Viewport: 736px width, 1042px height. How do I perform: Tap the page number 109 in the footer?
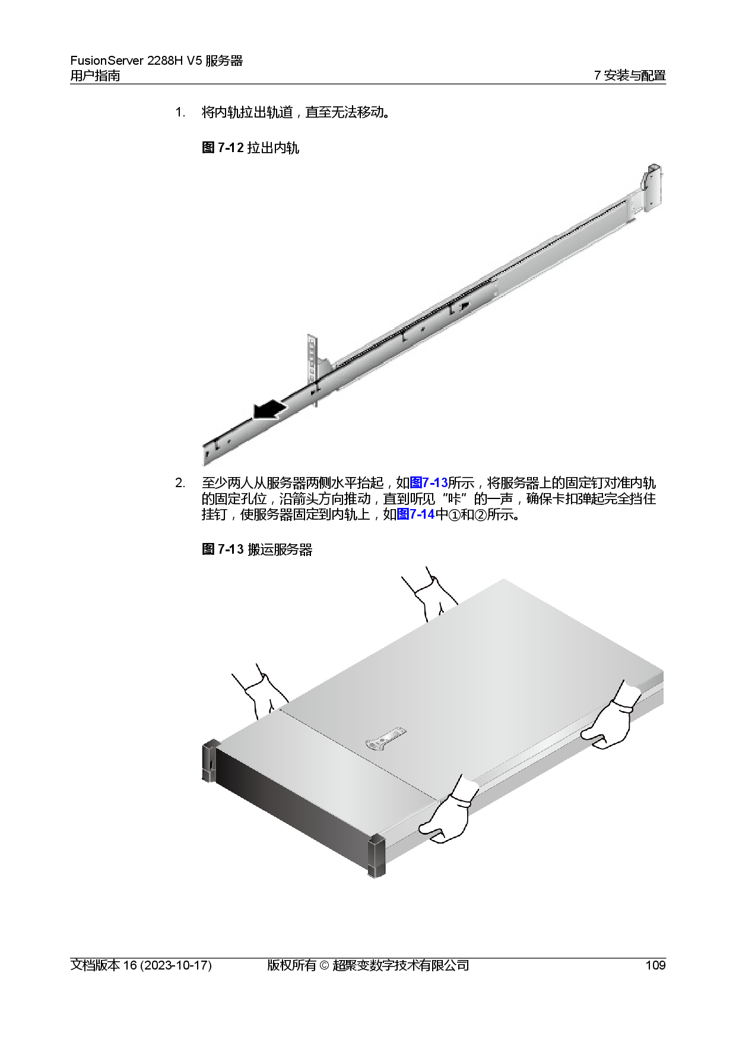(x=655, y=965)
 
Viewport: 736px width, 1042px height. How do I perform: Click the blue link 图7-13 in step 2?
(x=429, y=482)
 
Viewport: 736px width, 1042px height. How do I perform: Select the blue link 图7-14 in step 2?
(x=415, y=514)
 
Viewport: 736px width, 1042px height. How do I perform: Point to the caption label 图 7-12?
(x=223, y=147)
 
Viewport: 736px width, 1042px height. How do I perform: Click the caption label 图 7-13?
(x=223, y=549)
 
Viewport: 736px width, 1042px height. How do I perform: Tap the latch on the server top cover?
(x=385, y=738)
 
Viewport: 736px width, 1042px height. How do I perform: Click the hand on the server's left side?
(x=261, y=691)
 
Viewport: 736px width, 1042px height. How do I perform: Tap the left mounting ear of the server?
(x=210, y=761)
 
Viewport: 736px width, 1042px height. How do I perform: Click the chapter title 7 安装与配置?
(x=630, y=75)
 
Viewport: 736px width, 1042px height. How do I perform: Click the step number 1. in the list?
(x=180, y=112)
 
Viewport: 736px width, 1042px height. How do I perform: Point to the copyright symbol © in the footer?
(x=324, y=965)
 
